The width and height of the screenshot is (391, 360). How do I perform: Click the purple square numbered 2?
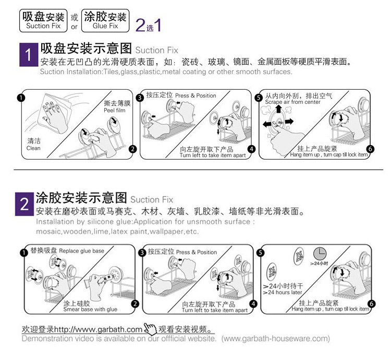pos(25,204)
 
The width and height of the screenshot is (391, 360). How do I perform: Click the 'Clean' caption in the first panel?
pos(33,148)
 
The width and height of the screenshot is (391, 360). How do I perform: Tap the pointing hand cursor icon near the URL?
pos(150,329)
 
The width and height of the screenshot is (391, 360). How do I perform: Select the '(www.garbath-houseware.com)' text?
pos(276,339)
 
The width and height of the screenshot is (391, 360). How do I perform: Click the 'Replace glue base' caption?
pos(81,251)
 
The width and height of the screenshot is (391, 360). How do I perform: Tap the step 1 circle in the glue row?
pos(22,253)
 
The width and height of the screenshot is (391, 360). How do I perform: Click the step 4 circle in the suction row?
pos(252,149)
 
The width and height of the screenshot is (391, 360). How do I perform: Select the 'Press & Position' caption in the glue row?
pos(196,252)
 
